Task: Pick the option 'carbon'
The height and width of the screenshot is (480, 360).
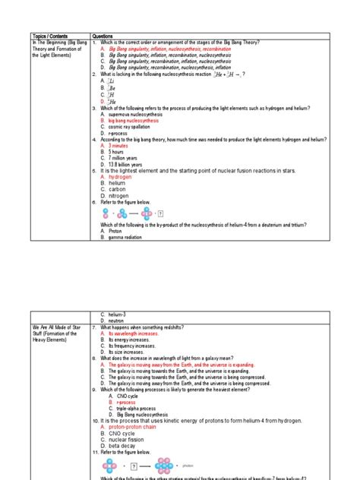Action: tap(120, 189)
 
